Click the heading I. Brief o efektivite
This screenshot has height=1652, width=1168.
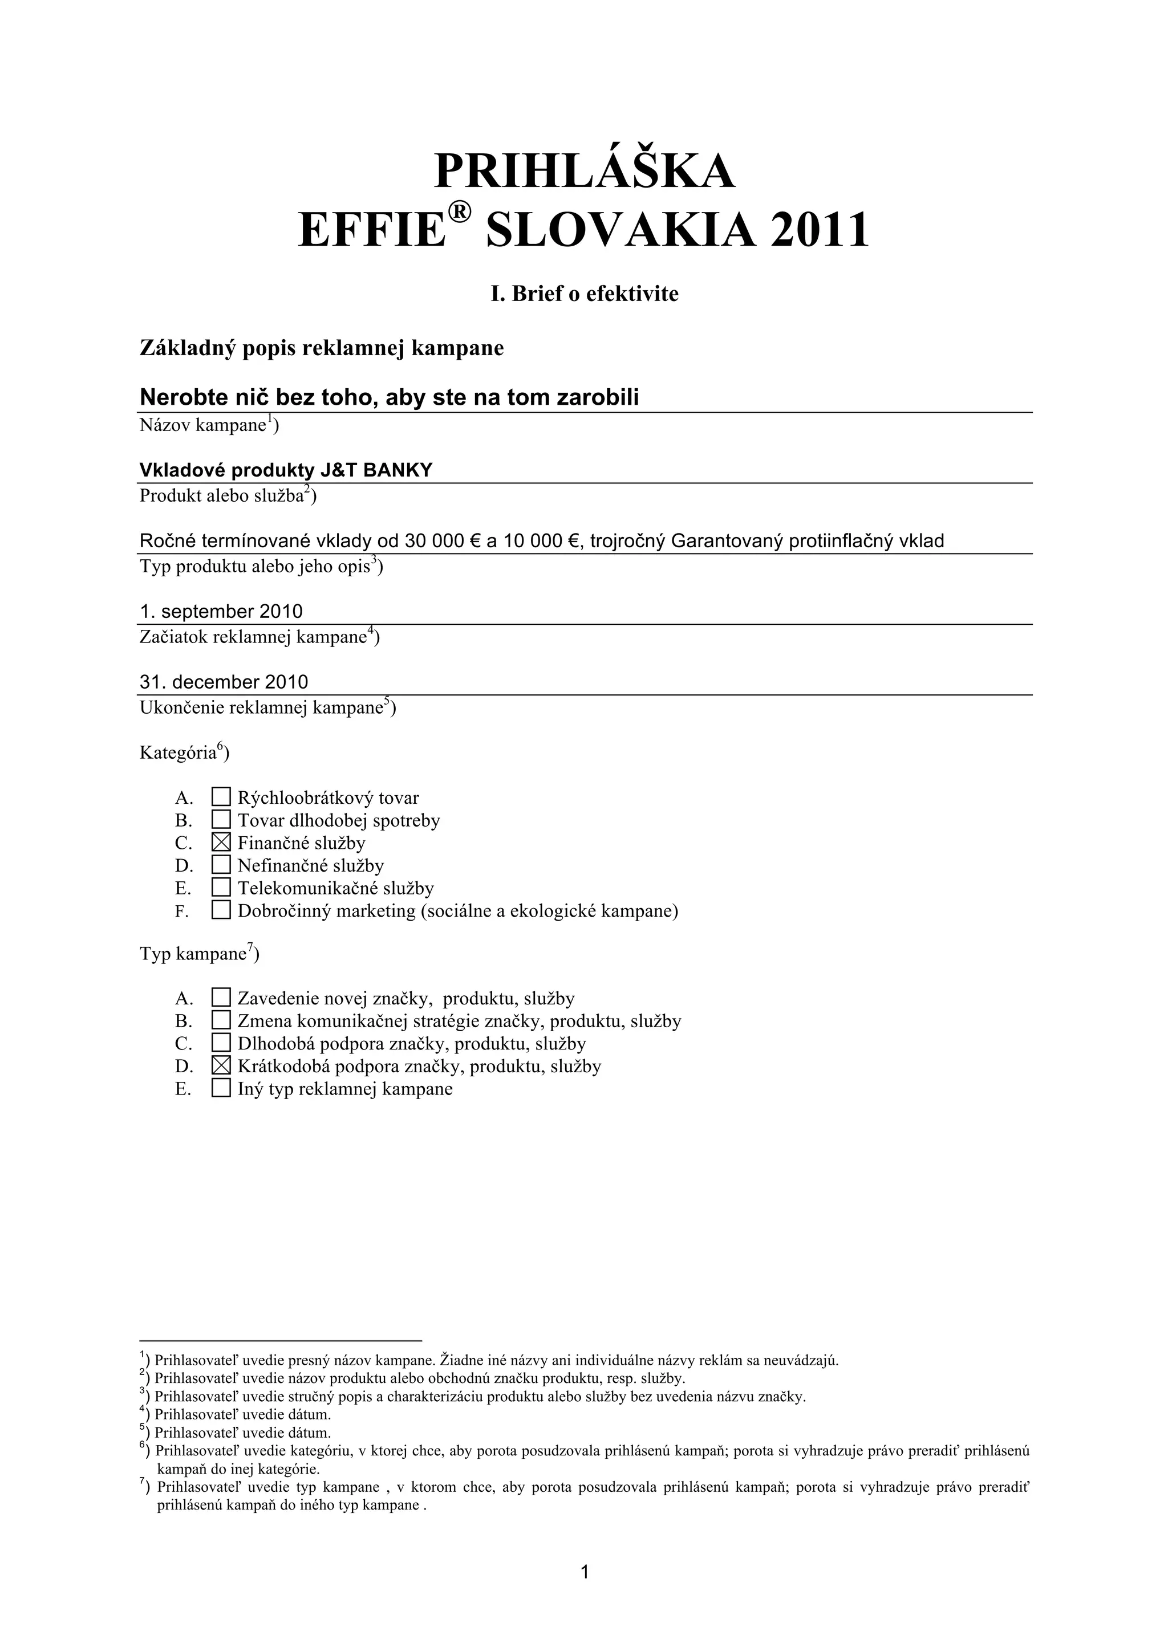coord(585,294)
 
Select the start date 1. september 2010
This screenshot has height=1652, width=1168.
coord(221,612)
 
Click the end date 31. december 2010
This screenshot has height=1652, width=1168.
coord(224,681)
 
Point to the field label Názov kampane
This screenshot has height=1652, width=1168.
coord(204,425)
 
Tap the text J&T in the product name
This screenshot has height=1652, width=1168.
coord(340,470)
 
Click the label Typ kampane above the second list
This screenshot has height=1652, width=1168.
coord(193,954)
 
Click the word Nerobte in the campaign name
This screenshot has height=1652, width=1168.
coord(180,397)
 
